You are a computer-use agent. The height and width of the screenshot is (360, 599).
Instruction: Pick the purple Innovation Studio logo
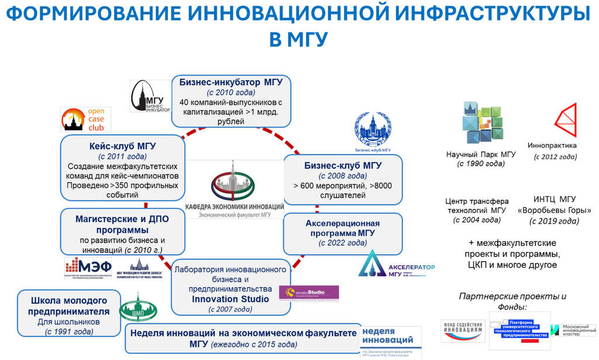309,293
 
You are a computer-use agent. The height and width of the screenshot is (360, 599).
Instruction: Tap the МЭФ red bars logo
87,268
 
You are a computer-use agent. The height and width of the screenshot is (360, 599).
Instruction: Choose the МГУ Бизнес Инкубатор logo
150,97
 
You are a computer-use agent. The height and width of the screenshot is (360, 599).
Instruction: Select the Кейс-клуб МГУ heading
122,146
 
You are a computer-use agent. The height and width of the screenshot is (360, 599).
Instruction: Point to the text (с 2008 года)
342,176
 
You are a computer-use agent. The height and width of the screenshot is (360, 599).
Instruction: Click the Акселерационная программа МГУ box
342,232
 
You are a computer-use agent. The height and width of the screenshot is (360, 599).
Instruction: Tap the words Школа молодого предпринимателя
68,305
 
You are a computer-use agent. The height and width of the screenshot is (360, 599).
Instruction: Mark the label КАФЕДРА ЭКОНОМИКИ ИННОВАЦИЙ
235,207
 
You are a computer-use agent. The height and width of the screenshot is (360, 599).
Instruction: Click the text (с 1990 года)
480,164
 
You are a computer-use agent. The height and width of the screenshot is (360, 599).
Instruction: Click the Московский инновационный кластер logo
576,330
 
